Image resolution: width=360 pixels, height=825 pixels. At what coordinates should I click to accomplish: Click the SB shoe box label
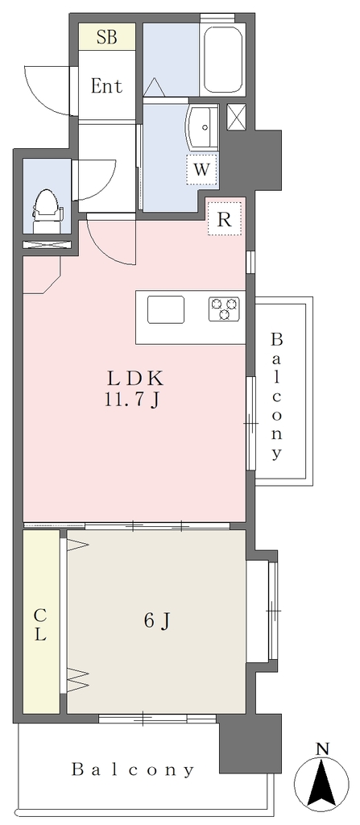107,38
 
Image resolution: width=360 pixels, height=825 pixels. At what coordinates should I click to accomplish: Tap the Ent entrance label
107,85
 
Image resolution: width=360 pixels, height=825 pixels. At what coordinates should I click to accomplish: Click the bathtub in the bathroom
222,60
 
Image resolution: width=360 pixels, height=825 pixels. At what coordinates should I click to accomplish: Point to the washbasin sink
201,128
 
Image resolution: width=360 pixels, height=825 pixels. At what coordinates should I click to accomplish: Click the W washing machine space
202,170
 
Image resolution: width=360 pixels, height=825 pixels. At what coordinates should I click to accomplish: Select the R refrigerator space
225,218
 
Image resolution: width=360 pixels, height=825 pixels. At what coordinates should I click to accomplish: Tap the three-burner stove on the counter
224,309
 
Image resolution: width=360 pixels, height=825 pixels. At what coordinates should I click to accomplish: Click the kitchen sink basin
166,309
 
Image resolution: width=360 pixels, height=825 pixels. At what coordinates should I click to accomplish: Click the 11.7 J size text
131,401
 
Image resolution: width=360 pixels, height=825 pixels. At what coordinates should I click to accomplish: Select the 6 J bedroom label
157,622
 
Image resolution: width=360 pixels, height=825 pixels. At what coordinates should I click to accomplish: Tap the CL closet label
40,624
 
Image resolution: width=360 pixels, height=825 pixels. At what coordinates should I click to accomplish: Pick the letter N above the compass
322,748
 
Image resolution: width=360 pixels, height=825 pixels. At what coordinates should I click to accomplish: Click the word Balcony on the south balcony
133,770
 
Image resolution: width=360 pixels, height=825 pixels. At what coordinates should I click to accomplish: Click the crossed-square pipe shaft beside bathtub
235,117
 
